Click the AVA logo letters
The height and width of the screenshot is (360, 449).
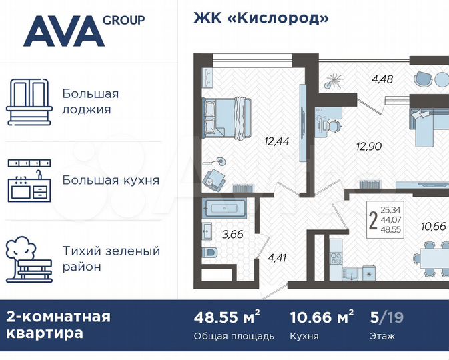[x=63, y=31]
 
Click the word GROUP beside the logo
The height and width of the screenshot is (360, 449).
[x=123, y=20]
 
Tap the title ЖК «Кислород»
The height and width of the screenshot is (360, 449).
[x=261, y=18]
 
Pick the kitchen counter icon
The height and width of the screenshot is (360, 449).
[x=29, y=180]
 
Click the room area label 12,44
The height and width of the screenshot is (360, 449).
[x=277, y=141]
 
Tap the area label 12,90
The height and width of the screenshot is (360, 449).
[x=350, y=147]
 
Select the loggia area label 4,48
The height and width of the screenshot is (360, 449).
[x=382, y=79]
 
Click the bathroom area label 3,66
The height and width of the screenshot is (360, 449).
[x=233, y=234]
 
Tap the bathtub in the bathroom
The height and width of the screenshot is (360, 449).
[x=224, y=209]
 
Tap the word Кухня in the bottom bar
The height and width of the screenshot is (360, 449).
[x=305, y=336]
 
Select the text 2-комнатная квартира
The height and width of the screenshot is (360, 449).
[x=58, y=325]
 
